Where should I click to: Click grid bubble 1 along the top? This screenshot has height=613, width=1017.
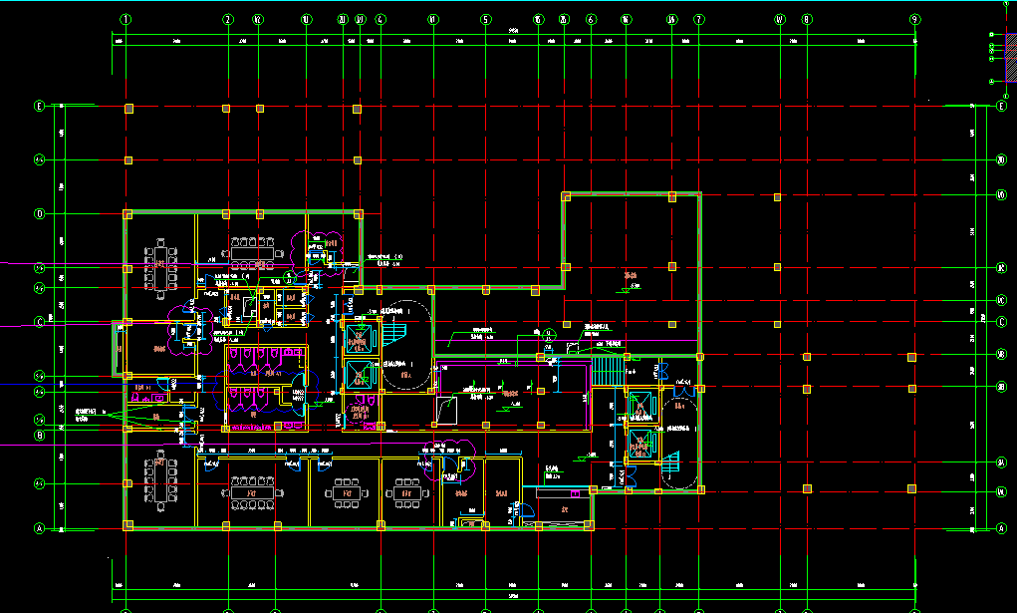tap(127, 19)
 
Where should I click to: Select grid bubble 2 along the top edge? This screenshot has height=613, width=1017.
tap(228, 19)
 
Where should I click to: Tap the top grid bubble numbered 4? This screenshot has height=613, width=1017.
tap(381, 19)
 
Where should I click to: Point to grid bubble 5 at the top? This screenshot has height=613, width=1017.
tap(485, 19)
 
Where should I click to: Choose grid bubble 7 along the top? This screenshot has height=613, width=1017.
tap(698, 19)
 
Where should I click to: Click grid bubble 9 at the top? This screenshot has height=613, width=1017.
tap(913, 19)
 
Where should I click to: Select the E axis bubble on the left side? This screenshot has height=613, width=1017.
tap(41, 107)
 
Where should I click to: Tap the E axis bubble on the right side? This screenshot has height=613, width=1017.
tap(1001, 107)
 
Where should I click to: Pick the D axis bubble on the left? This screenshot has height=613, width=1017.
tap(41, 213)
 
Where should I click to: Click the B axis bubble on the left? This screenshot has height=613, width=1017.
tap(41, 435)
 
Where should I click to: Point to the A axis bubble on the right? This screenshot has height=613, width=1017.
tap(1001, 529)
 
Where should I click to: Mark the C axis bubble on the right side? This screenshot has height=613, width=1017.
tap(1001, 321)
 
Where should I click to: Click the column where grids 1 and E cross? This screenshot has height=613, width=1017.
tap(127, 108)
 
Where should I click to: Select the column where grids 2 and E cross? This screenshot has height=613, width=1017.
tap(227, 108)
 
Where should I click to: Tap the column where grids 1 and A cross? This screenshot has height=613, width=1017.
tap(127, 525)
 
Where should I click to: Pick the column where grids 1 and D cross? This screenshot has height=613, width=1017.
tap(127, 214)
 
